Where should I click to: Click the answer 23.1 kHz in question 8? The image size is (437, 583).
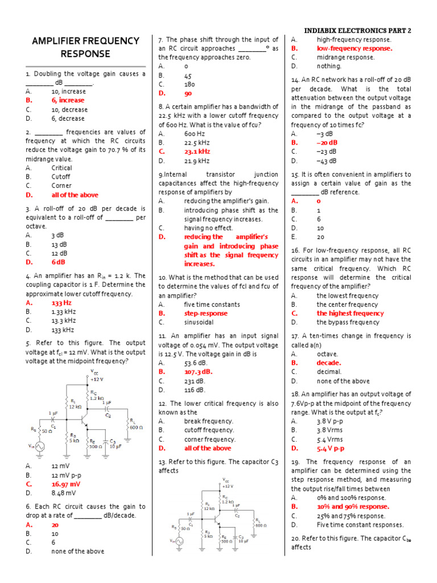[x=197, y=151]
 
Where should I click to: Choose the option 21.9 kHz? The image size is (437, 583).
[x=197, y=161]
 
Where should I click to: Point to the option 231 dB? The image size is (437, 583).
[x=195, y=381]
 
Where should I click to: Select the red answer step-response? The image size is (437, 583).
[x=205, y=313]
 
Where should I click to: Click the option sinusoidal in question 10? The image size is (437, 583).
[x=199, y=322]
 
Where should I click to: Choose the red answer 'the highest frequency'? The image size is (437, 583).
[x=351, y=313]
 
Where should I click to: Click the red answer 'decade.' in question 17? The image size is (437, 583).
[x=329, y=363]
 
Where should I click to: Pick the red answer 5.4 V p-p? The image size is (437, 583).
[x=331, y=449]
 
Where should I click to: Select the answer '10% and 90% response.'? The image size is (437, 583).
[x=353, y=506]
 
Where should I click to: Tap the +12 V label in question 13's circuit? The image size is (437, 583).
[x=228, y=486]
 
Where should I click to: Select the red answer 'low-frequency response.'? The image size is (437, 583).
[x=354, y=48]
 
